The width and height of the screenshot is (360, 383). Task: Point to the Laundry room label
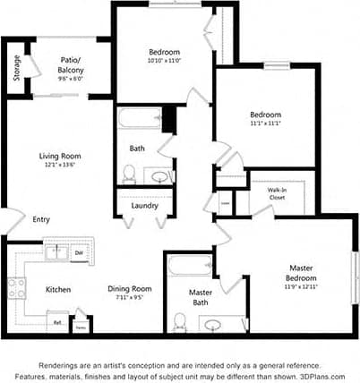click(x=144, y=206)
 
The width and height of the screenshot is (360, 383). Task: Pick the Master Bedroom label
click(x=301, y=273)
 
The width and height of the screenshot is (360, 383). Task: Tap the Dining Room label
click(x=130, y=288)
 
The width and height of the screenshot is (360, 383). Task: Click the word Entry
click(x=41, y=219)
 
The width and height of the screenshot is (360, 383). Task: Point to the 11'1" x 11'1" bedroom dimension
click(x=265, y=125)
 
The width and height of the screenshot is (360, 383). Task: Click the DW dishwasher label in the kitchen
click(x=80, y=253)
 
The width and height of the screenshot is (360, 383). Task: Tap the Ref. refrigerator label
click(x=56, y=323)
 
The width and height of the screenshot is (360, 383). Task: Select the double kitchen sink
click(x=56, y=252)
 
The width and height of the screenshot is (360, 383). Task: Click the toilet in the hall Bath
click(x=128, y=173)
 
